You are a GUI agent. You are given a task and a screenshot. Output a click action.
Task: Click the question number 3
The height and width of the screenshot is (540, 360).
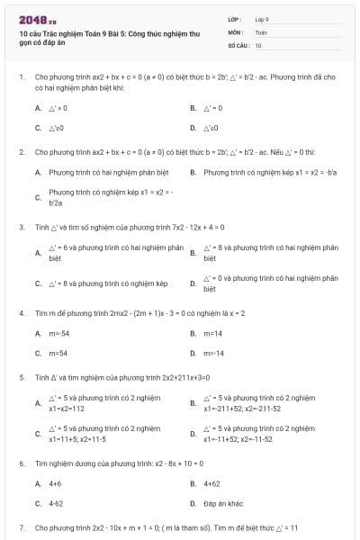(21, 227)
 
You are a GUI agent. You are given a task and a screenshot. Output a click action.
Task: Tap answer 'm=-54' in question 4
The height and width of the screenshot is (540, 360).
(58, 333)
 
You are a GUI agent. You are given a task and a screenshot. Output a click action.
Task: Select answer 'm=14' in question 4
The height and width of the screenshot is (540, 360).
(212, 333)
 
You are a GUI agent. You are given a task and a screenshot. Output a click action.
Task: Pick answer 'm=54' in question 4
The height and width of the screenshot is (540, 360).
(58, 353)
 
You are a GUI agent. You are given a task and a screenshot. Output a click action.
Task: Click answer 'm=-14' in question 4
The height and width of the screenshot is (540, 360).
(213, 353)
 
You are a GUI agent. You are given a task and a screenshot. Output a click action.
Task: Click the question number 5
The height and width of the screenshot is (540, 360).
(21, 378)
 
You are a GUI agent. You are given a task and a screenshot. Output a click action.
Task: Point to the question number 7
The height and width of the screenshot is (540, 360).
(21, 527)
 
